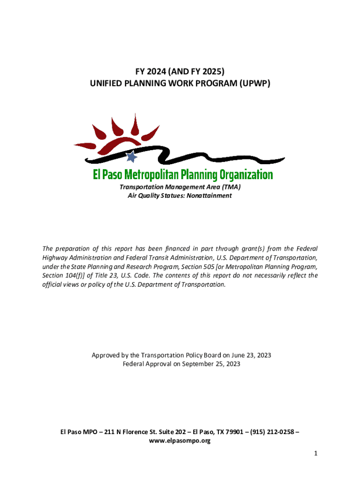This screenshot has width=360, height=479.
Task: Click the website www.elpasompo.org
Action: click(x=180, y=441)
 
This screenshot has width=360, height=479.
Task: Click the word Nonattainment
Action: click(x=209, y=196)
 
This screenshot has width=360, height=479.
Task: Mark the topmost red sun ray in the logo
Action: click(x=135, y=123)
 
